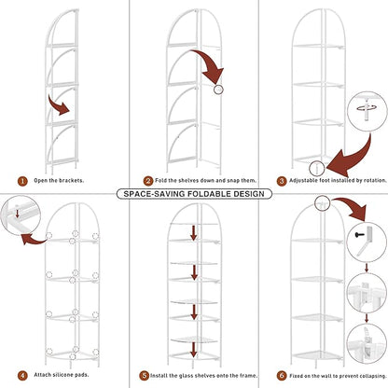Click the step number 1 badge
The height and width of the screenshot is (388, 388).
point(22,181)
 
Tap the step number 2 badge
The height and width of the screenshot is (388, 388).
point(148,181)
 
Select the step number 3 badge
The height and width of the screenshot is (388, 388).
point(282,181)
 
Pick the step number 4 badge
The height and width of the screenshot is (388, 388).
point(22,376)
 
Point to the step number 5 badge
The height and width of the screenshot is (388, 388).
point(144,376)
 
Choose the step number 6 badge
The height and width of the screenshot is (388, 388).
point(282,376)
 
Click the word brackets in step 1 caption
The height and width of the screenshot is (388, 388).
point(71,180)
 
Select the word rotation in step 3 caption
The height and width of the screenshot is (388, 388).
point(375,180)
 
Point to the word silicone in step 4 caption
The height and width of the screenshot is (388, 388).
point(63,375)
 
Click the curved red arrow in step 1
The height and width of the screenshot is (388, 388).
point(59,105)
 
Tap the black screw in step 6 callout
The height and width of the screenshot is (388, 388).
point(359,235)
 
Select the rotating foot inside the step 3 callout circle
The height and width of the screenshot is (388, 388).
point(367,110)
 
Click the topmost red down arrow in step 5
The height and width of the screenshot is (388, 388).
point(194,233)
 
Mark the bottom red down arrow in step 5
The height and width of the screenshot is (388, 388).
point(194,350)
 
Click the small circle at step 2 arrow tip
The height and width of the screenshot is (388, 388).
point(218,90)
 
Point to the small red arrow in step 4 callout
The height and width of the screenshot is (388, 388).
point(18,213)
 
